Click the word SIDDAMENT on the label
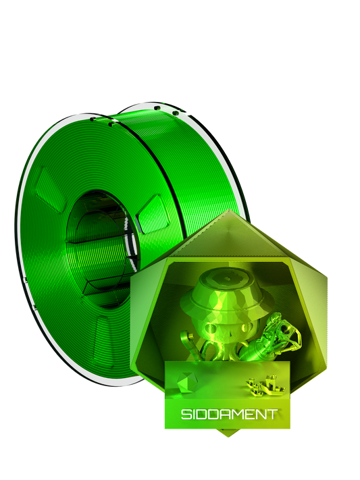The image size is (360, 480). (x=228, y=413)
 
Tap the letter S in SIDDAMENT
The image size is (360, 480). (x=184, y=414)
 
